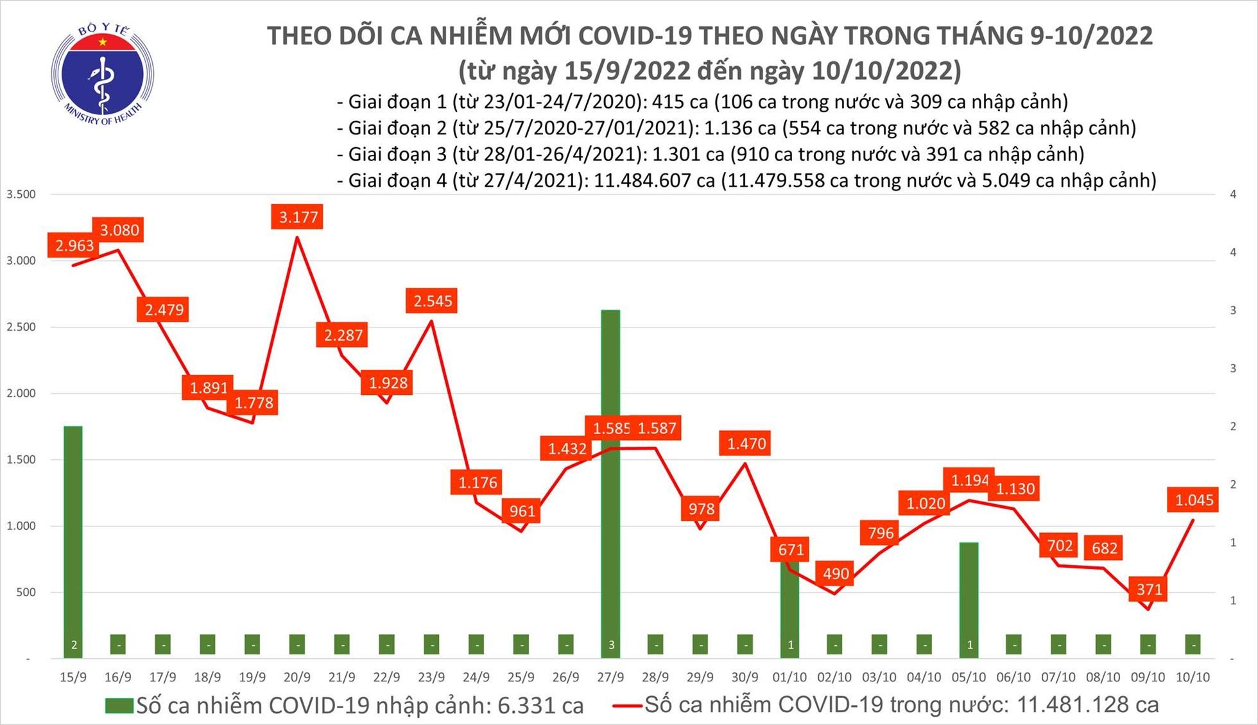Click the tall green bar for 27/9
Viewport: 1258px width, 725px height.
pos(610,482)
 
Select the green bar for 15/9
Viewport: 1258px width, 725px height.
pos(73,539)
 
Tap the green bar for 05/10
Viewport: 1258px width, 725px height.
pos(969,597)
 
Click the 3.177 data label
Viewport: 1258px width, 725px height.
pos(298,217)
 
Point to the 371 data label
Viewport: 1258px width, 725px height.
pos(1149,589)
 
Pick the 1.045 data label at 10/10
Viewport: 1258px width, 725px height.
pos(1194,500)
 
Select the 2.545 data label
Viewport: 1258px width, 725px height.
pos(432,301)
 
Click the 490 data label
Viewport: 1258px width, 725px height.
pos(835,573)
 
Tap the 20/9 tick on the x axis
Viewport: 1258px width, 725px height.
pos(297,677)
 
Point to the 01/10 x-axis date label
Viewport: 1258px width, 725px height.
pos(789,677)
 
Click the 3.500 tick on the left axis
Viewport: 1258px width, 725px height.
pos(21,194)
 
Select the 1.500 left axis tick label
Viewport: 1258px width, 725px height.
pos(21,460)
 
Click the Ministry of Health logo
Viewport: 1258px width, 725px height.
pos(102,74)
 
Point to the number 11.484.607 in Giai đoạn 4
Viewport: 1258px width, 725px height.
pos(654,180)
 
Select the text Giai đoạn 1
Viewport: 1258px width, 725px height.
pos(397,101)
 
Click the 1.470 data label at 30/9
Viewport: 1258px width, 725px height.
pos(746,444)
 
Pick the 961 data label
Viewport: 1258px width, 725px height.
pos(522,511)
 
